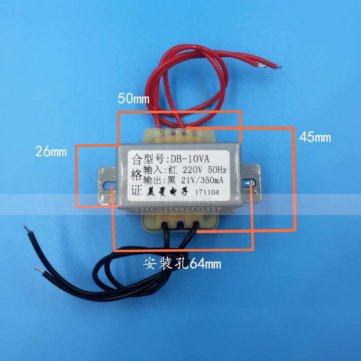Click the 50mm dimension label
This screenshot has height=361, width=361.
(134, 99)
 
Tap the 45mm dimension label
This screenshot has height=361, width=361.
(315, 137)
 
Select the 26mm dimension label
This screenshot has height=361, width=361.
(51, 152)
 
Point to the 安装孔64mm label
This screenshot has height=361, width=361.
(181, 263)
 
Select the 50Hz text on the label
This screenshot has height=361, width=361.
(218, 170)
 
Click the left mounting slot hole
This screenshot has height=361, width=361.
(109, 185)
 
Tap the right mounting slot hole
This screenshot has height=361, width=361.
(251, 182)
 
